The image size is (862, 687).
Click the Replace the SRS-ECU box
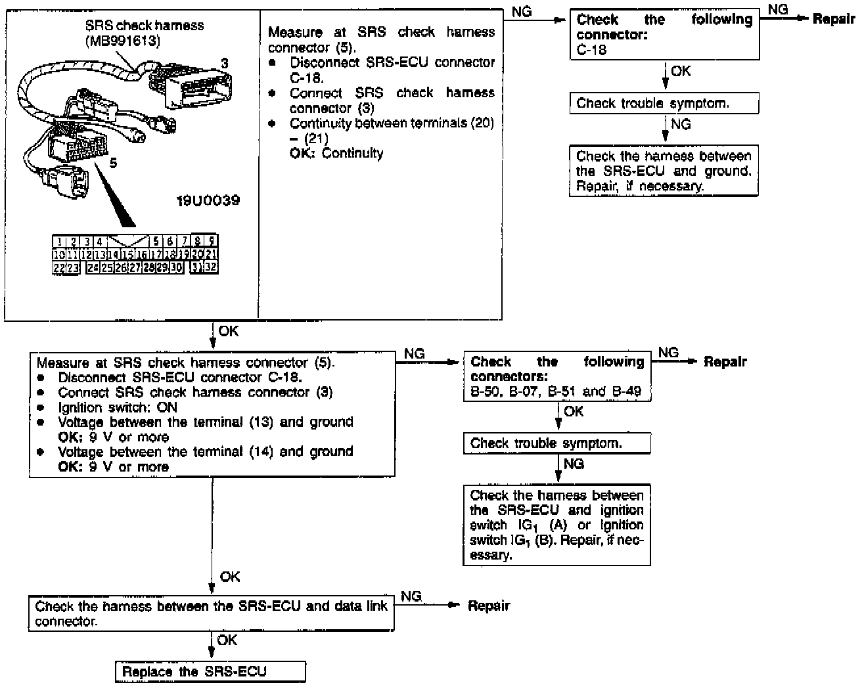click(210, 671)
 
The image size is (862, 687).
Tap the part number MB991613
click(122, 41)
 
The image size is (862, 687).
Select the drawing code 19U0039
click(208, 200)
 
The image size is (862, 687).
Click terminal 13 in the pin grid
click(100, 254)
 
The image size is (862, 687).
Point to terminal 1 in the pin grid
click(58, 242)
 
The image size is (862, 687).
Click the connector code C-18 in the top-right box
click(591, 49)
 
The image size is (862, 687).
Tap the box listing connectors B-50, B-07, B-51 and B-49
click(557, 377)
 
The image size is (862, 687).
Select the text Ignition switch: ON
click(118, 407)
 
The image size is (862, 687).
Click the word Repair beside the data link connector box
click(488, 606)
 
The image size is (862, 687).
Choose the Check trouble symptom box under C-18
click(664, 103)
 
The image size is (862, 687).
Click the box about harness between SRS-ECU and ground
click(664, 171)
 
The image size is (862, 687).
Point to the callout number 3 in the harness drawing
click(224, 64)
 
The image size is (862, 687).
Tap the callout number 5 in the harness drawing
click(114, 163)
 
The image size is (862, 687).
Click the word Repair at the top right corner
click(833, 19)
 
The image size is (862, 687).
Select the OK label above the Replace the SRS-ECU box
click(227, 640)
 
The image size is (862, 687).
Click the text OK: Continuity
click(336, 153)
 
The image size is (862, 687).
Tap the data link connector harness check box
click(212, 613)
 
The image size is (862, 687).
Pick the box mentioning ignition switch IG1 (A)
click(557, 525)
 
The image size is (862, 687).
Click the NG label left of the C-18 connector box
click(521, 12)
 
